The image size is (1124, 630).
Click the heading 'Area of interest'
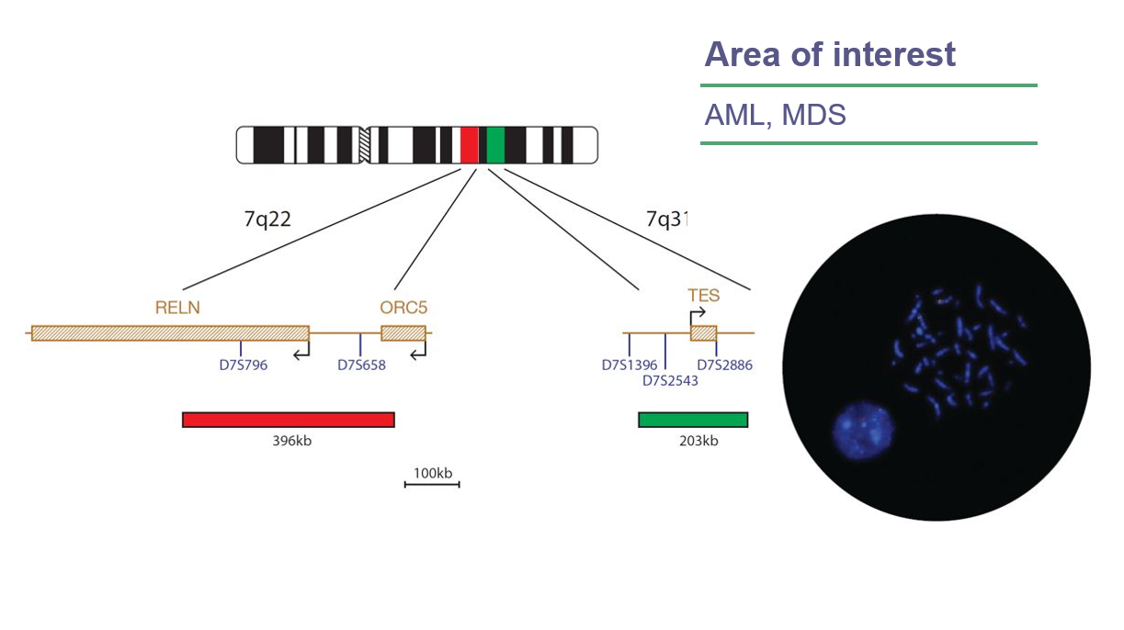point(829,55)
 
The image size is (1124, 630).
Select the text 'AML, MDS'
point(775,116)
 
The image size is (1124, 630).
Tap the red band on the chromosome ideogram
point(469,145)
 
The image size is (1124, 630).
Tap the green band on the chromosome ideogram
point(495,145)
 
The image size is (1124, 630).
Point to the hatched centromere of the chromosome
point(365,145)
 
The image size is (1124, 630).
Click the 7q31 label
point(666,220)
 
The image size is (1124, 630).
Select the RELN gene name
point(177,308)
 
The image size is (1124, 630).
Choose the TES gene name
point(703,296)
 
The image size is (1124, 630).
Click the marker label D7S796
point(243,366)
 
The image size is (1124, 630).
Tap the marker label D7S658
point(361,366)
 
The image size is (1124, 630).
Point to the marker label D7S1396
point(630,366)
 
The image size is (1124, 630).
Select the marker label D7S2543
point(670,381)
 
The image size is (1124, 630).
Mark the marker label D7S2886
point(724,366)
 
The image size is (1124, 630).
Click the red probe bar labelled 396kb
point(289,420)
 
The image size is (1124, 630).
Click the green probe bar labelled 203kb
point(693,420)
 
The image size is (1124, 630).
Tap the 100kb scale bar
point(432,484)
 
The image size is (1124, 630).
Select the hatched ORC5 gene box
point(403,332)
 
